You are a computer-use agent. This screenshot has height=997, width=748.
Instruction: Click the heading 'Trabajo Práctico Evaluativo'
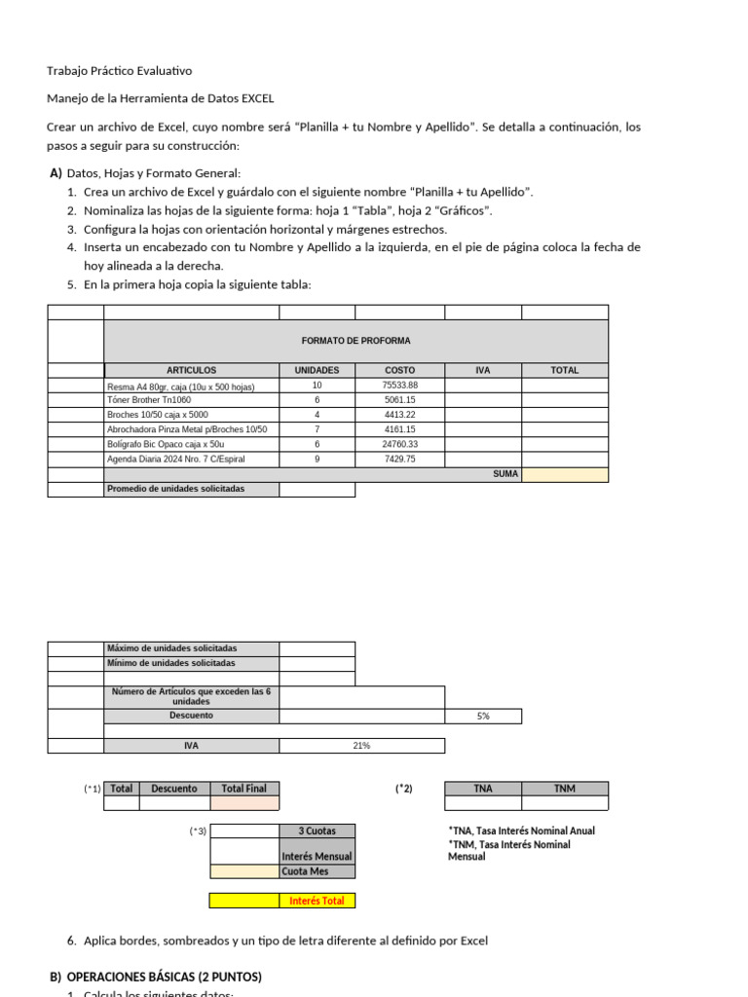coord(120,71)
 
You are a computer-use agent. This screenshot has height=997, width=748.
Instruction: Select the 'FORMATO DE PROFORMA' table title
coord(355,341)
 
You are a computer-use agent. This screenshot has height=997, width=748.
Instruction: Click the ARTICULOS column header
coord(191,370)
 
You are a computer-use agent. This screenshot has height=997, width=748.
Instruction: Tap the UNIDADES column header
coord(317,370)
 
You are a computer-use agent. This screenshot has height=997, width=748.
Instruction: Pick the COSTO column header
coord(399,370)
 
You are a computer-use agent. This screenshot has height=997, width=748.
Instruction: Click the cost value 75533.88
coord(399,386)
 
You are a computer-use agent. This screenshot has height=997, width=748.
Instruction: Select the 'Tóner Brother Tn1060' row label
coord(149,400)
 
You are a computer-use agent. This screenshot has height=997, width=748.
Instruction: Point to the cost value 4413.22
coord(399,415)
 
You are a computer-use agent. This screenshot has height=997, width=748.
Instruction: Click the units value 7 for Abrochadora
coord(317,429)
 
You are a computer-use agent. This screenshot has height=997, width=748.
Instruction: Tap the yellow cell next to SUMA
coord(565,474)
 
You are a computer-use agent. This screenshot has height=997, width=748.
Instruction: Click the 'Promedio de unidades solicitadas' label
coord(176,489)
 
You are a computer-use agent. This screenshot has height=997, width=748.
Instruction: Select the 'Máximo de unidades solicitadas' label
coord(171,648)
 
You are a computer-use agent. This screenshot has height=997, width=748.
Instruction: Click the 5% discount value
coord(483,716)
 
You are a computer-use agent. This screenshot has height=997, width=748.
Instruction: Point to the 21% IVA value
coord(361,746)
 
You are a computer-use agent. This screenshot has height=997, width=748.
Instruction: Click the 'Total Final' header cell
coord(243,789)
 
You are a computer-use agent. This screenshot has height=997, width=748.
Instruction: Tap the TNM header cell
coord(565,789)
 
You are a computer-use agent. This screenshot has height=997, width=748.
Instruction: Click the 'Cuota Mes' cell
coord(303,871)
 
